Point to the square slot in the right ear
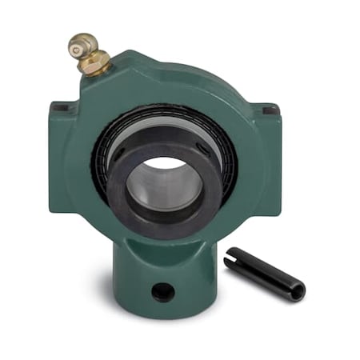[x=270, y=109]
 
